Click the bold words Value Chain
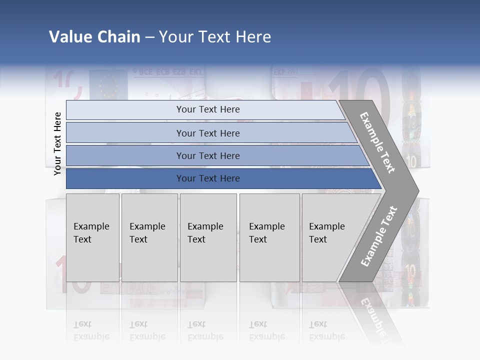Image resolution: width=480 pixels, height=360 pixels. tap(94, 37)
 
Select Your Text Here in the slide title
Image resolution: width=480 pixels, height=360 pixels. tap(215, 37)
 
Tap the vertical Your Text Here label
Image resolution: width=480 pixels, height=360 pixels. tap(57, 143)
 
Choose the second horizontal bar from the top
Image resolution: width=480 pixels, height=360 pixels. tap(207, 133)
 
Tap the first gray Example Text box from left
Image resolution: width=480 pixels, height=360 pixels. tap(92, 237)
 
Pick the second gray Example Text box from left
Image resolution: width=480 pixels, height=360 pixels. tap(149, 237)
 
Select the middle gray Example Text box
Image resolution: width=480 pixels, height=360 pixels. tap(208, 237)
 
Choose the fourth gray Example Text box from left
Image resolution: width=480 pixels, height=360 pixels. tap(269, 237)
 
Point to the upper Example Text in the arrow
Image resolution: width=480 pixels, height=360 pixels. tap(377, 142)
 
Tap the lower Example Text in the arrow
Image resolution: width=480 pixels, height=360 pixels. tap(378, 236)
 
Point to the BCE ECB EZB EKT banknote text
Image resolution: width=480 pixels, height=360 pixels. tap(167, 72)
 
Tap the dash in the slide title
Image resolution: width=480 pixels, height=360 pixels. tap(149, 37)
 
